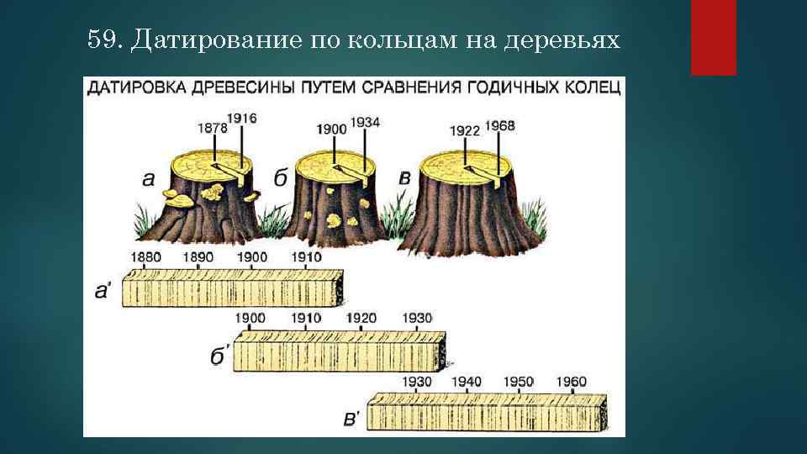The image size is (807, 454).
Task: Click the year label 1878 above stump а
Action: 214,128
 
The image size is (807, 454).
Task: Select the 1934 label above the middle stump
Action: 365,122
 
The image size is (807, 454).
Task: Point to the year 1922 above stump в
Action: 465,130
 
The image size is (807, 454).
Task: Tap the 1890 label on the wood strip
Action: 198,256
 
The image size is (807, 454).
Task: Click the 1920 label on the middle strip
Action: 361,318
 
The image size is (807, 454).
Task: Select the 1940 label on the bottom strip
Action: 467,382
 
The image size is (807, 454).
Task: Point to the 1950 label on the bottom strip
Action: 519,382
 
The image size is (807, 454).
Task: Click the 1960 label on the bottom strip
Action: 572,382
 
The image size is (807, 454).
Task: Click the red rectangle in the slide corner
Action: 713,37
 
